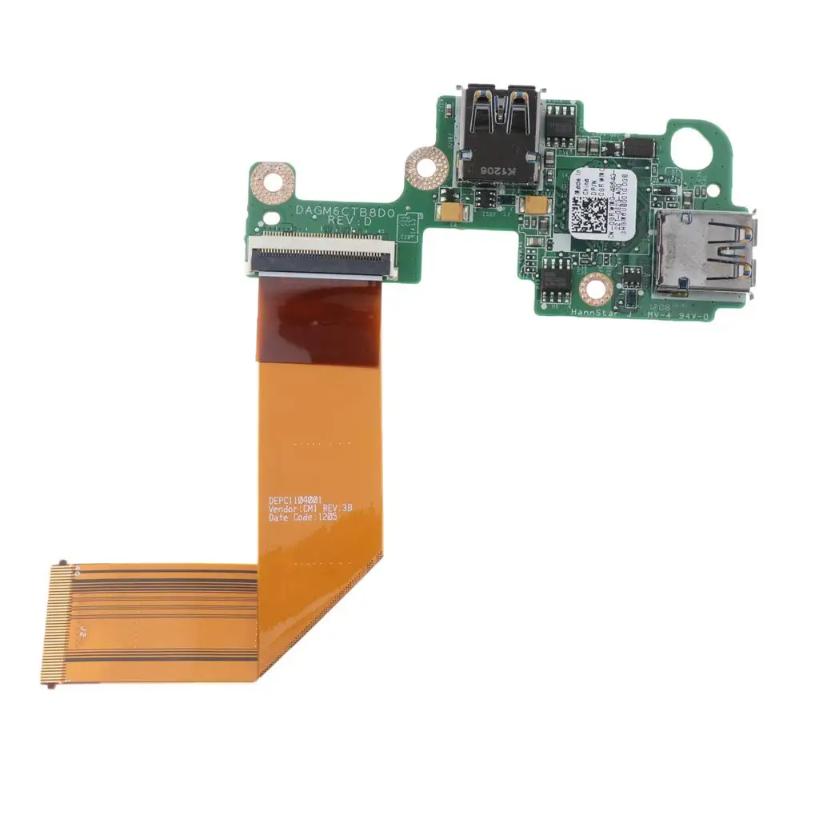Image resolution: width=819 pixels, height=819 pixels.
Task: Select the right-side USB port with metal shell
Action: pyautogui.click(x=702, y=256)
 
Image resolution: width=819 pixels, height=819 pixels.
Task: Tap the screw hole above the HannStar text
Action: pyautogui.click(x=596, y=286)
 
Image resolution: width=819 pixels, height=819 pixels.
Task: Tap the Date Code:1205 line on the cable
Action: pyautogui.click(x=304, y=517)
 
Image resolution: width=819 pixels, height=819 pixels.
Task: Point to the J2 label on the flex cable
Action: pyautogui.click(x=82, y=632)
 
